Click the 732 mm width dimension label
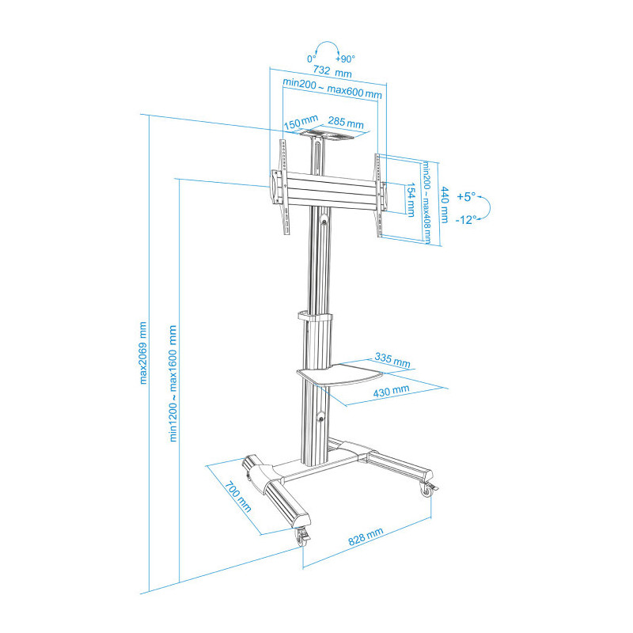click(x=332, y=71)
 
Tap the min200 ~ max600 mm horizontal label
click(x=332, y=89)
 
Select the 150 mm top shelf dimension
click(x=301, y=123)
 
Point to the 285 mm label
click(x=346, y=123)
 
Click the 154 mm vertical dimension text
click(x=411, y=199)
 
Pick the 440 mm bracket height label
click(x=445, y=205)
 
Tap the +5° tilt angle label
click(x=466, y=197)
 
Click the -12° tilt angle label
click(x=466, y=220)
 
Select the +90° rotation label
click(x=345, y=59)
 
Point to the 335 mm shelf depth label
click(x=392, y=359)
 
